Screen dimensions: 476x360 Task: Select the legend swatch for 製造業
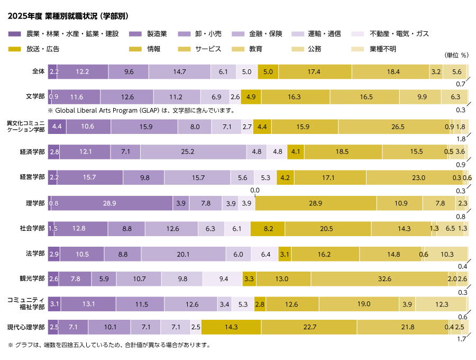click(x=135, y=34)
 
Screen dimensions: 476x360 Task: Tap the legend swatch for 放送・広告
click(x=15, y=49)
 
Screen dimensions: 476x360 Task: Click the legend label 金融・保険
click(x=266, y=34)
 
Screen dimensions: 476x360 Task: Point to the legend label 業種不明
click(x=383, y=49)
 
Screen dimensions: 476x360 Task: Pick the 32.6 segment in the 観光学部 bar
click(x=379, y=279)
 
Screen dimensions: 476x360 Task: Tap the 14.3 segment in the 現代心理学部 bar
click(x=231, y=327)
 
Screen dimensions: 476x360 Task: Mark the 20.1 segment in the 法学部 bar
click(x=184, y=254)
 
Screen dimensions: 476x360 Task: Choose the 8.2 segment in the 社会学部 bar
click(x=268, y=229)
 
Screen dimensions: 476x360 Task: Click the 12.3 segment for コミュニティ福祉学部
click(x=441, y=304)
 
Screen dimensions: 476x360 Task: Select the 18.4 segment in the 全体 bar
click(x=391, y=71)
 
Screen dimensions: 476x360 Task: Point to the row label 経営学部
click(x=32, y=177)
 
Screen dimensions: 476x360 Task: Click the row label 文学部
click(x=35, y=96)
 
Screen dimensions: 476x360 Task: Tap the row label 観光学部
click(x=32, y=278)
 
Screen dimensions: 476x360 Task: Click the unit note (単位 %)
click(x=456, y=55)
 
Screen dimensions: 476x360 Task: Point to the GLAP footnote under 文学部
click(x=142, y=111)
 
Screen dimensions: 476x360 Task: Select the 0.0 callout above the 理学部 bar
click(x=255, y=191)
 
